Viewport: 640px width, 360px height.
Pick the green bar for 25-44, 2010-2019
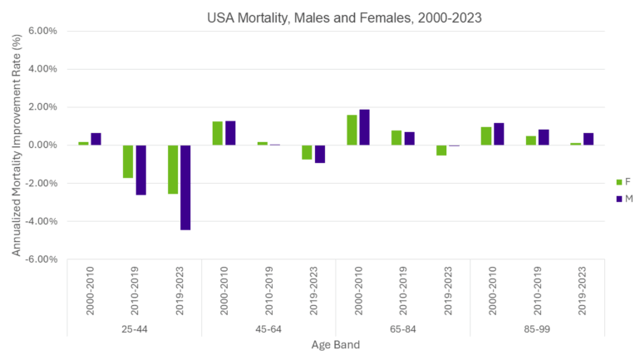(128, 161)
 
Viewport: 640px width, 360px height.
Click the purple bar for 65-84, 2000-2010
(365, 127)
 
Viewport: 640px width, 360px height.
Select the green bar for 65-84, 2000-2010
(352, 130)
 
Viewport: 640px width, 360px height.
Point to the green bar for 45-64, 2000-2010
(218, 133)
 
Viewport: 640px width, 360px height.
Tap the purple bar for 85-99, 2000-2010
(499, 134)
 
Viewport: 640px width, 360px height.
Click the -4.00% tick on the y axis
(51, 221)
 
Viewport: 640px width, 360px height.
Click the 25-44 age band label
(134, 328)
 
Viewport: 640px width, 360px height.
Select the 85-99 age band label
(537, 328)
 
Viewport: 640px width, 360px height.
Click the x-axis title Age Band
(335, 345)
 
